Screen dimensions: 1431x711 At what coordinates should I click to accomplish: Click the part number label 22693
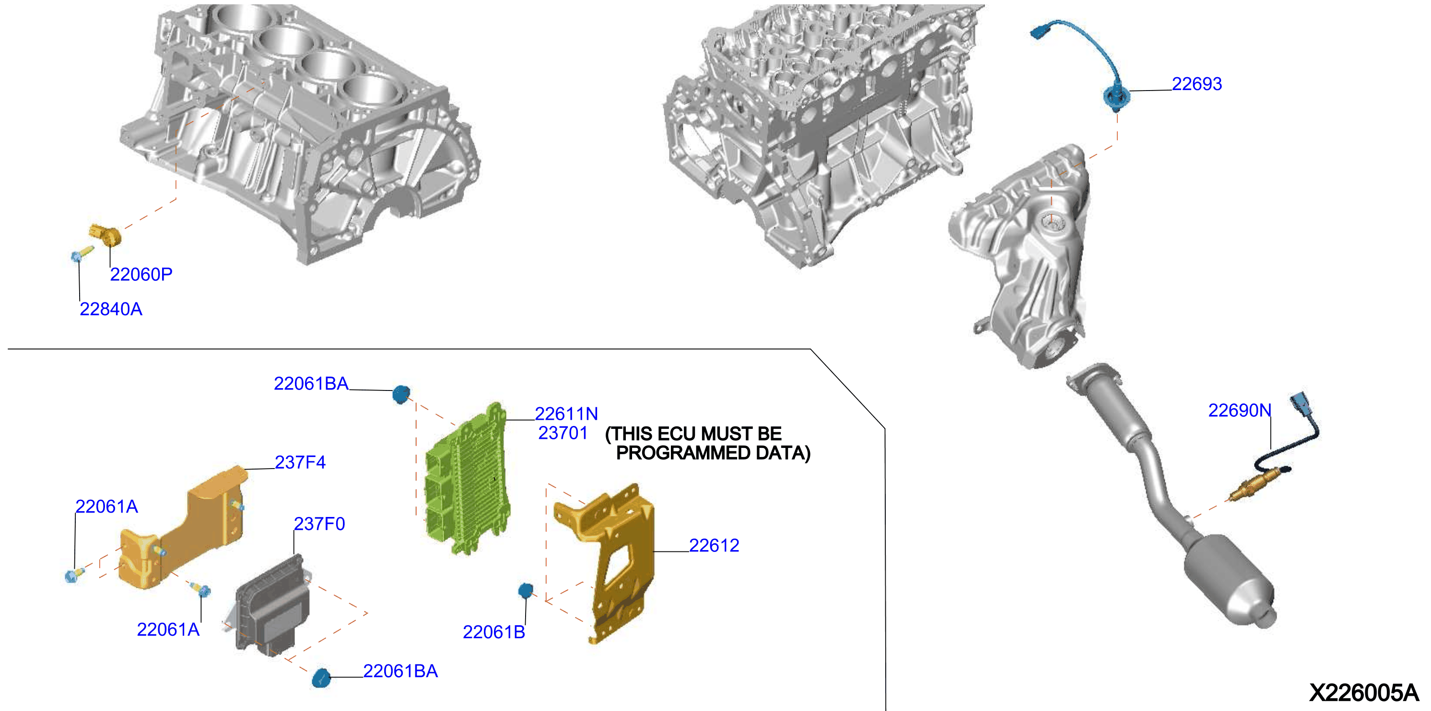pyautogui.click(x=1196, y=84)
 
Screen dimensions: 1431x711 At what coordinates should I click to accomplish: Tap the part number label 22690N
pyautogui.click(x=1239, y=410)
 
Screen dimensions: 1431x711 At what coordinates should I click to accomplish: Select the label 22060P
pyautogui.click(x=141, y=274)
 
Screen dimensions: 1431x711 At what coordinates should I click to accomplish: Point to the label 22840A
pyautogui.click(x=111, y=309)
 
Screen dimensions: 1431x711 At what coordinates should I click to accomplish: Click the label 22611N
pyautogui.click(x=566, y=413)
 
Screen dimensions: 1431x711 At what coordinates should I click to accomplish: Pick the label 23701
pyautogui.click(x=563, y=433)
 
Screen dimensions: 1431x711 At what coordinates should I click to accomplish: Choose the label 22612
pyautogui.click(x=714, y=545)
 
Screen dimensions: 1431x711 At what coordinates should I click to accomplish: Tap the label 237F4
pyautogui.click(x=300, y=462)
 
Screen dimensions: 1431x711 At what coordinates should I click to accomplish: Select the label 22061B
pyautogui.click(x=494, y=631)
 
